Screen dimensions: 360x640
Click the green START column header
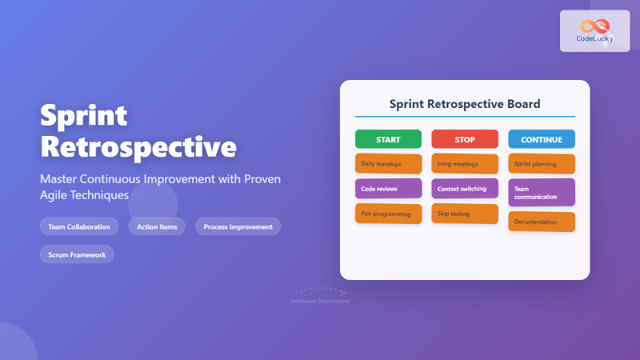click(x=388, y=139)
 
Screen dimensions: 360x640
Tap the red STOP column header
click(x=465, y=139)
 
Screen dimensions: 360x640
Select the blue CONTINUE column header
click(x=542, y=139)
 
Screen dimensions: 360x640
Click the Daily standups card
click(x=388, y=164)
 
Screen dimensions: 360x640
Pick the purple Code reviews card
click(x=388, y=189)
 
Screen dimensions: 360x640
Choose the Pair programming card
click(x=388, y=214)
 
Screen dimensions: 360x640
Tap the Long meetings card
click(x=465, y=164)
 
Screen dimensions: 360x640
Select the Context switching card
click(x=465, y=189)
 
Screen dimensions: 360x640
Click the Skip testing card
click(x=465, y=214)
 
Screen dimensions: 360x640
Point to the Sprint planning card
click(x=542, y=164)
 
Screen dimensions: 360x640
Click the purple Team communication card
click(x=542, y=192)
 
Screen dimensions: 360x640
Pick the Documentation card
click(x=542, y=222)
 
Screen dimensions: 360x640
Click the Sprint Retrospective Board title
click(x=465, y=104)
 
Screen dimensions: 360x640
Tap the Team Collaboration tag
click(x=79, y=226)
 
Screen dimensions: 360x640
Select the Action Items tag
click(x=157, y=226)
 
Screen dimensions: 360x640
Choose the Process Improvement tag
click(x=238, y=226)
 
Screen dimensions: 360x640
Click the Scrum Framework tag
click(x=77, y=254)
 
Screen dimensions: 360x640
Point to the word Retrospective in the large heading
click(x=138, y=148)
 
